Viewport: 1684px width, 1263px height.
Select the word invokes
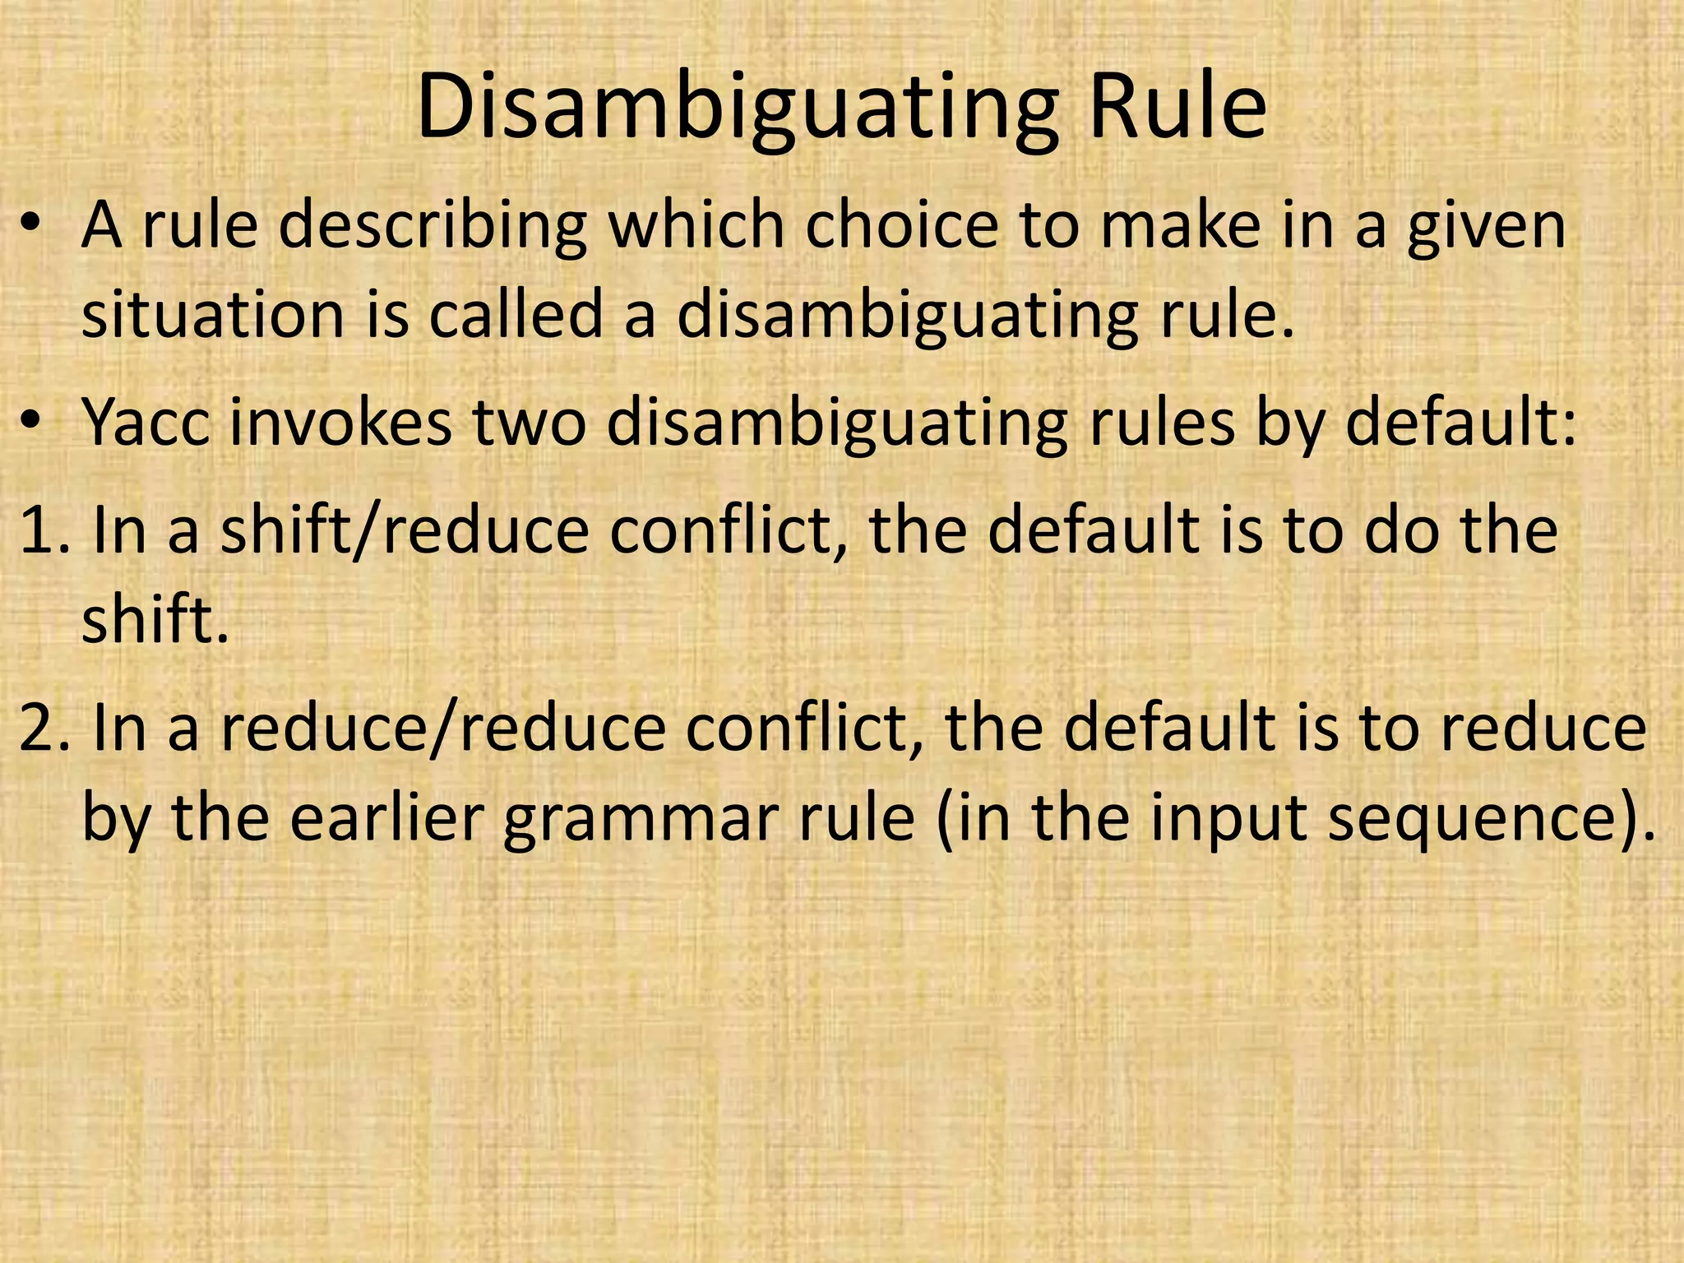pyautogui.click(x=340, y=423)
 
